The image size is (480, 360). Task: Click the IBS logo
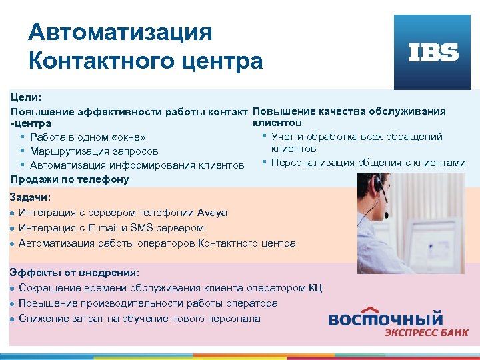tap(433, 53)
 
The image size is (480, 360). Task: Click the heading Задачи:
tap(30, 197)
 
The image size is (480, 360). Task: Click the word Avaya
tap(212, 213)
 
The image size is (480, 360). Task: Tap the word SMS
tap(141, 228)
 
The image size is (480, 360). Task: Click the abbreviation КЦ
tap(315, 288)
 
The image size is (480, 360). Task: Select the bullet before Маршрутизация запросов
tap(23, 151)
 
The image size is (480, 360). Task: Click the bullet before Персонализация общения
tap(265, 162)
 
